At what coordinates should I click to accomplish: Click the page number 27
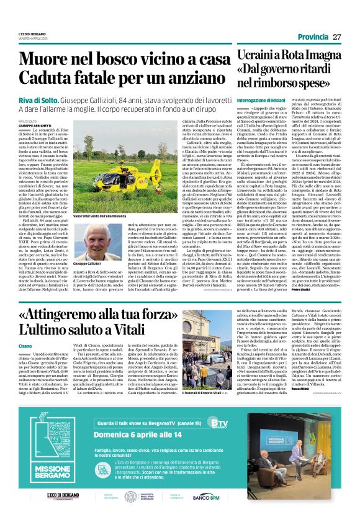pos(336,37)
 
